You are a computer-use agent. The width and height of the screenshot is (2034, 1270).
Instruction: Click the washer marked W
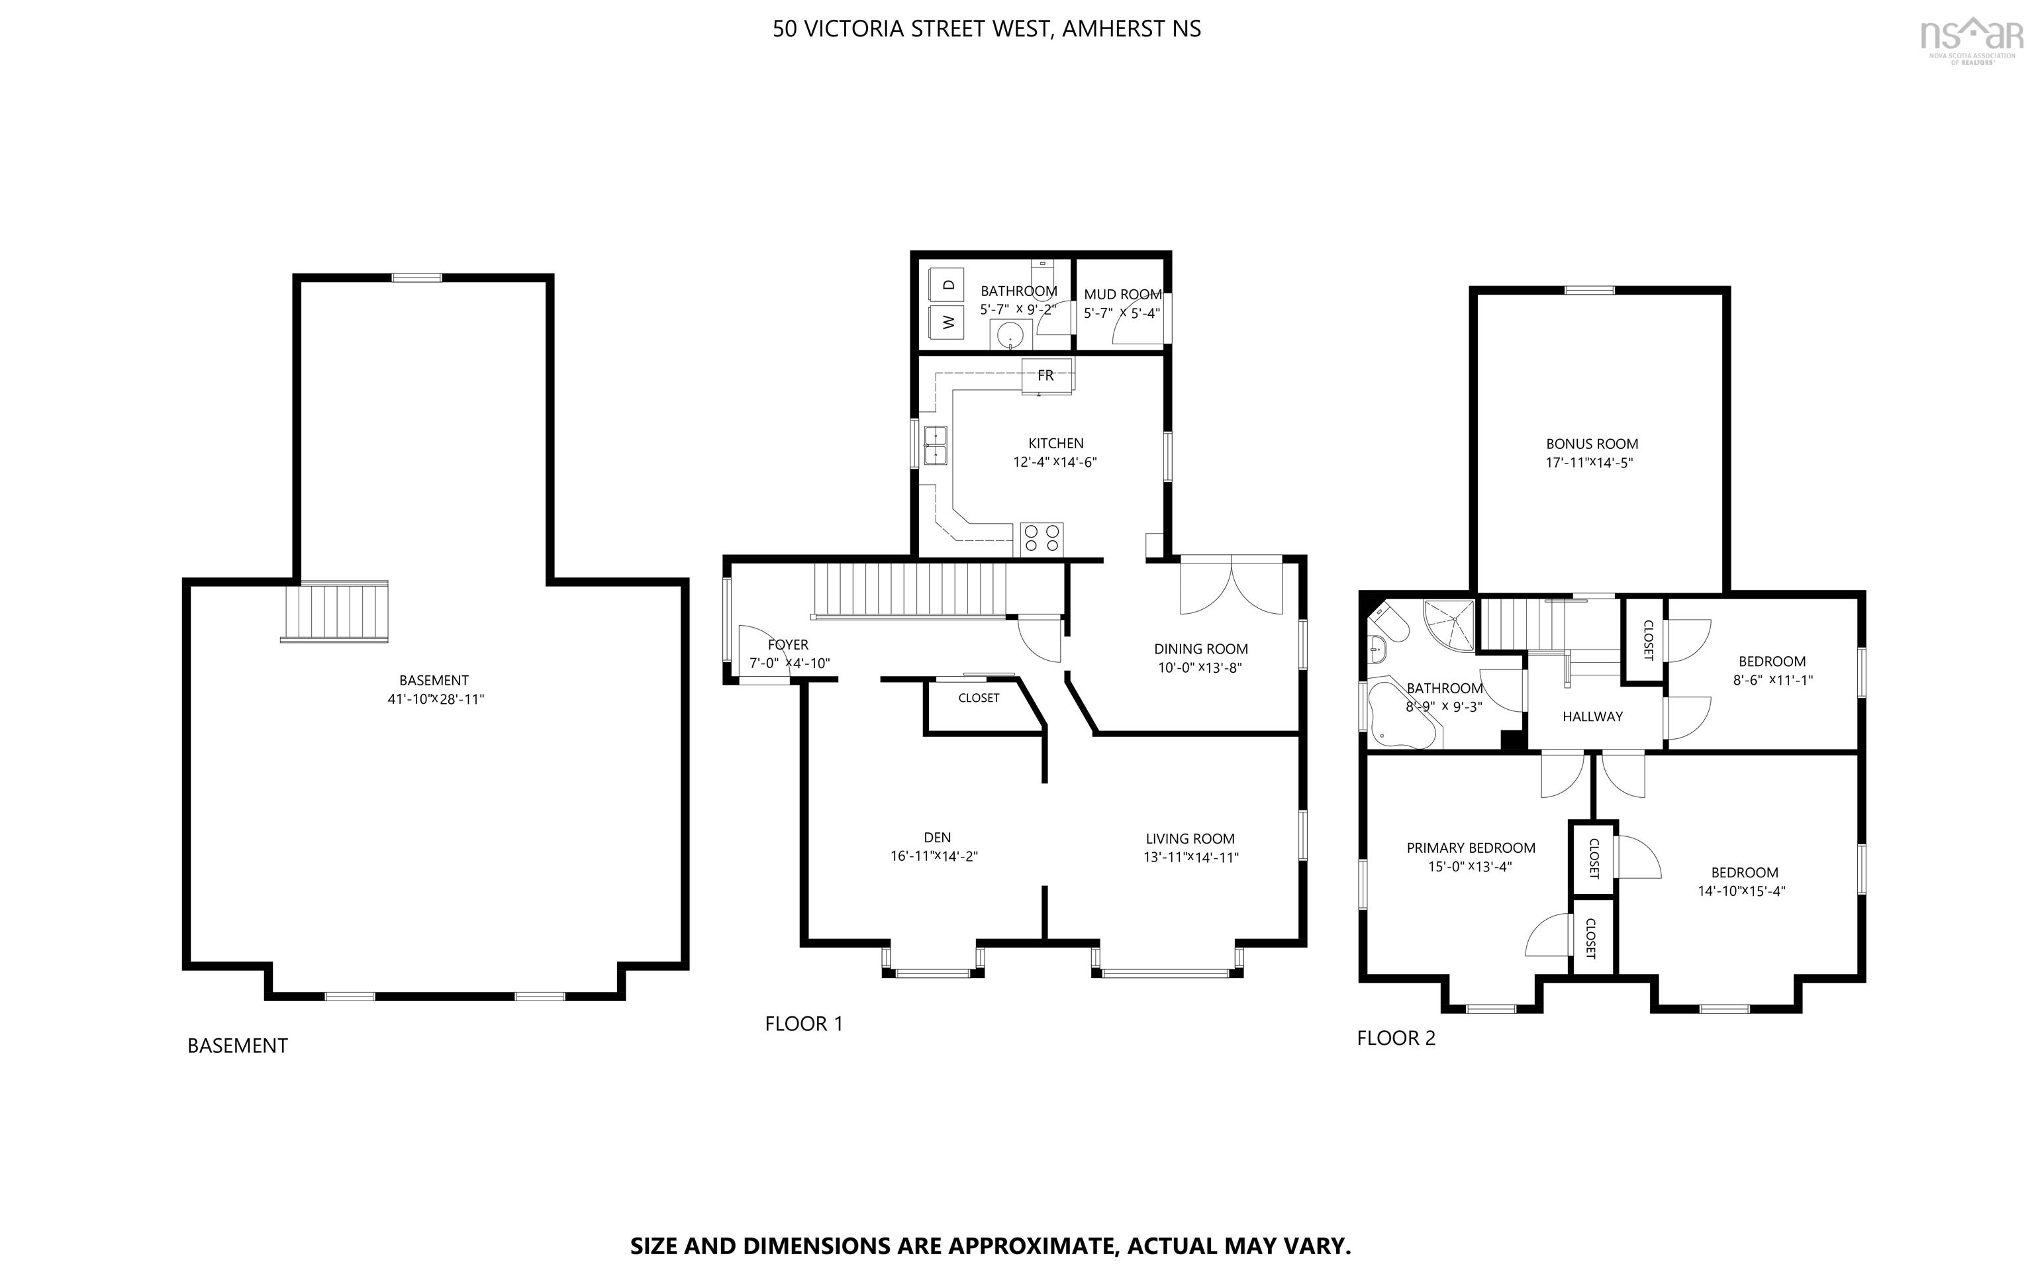tap(948, 322)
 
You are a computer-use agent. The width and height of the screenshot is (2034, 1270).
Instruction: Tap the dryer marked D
tap(948, 285)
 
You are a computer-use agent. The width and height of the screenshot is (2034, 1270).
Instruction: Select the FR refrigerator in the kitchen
tap(1046, 375)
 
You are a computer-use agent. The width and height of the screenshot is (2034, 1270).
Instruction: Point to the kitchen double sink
tap(935, 445)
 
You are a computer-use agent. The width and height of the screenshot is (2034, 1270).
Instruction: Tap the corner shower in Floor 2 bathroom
tap(1452, 625)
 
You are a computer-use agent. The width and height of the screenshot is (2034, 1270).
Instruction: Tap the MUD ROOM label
tap(1123, 294)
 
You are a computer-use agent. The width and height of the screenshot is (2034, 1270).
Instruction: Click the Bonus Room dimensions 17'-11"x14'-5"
tap(1590, 463)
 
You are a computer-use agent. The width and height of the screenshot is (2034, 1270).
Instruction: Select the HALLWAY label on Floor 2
tap(1592, 716)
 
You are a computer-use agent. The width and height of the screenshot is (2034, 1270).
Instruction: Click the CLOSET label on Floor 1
tap(979, 698)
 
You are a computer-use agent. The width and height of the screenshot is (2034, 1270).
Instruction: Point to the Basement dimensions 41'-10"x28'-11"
tap(436, 699)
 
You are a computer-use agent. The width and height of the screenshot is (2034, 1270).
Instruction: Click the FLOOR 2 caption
tap(1396, 1038)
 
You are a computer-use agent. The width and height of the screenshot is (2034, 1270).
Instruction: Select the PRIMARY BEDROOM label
tap(1471, 848)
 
